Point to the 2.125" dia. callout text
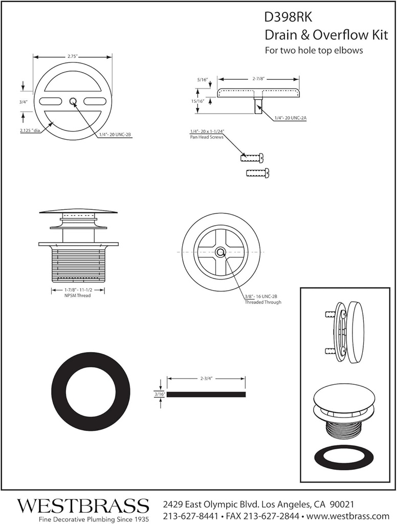click(30, 131)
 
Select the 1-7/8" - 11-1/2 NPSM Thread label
click(78, 293)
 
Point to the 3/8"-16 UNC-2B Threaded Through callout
click(262, 299)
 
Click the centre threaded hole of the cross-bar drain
click(220, 252)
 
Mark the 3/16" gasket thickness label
click(159, 395)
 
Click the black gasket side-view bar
click(207, 395)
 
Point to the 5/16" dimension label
click(203, 80)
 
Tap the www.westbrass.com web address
click(348, 515)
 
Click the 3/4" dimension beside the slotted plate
click(23, 102)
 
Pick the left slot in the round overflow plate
click(50, 100)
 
